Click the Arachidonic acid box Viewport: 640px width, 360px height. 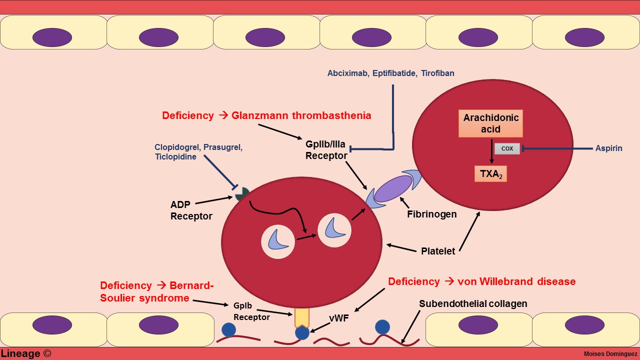[x=490, y=123]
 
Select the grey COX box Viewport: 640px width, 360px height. [x=507, y=148]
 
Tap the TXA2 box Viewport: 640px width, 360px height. [x=490, y=173]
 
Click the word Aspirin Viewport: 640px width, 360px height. [x=608, y=148]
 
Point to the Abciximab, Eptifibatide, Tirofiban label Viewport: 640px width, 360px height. [x=390, y=73]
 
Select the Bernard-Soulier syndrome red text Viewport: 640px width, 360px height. [x=156, y=291]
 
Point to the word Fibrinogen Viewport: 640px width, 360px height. [x=431, y=214]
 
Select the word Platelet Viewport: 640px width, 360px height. [x=438, y=251]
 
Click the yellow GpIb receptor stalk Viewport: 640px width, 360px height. [x=302, y=317]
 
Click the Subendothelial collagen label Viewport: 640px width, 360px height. [x=473, y=303]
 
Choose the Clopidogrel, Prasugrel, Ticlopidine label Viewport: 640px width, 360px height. [x=198, y=152]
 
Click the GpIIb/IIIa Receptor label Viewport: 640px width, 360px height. [x=326, y=149]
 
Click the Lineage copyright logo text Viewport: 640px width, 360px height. [x=26, y=353]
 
